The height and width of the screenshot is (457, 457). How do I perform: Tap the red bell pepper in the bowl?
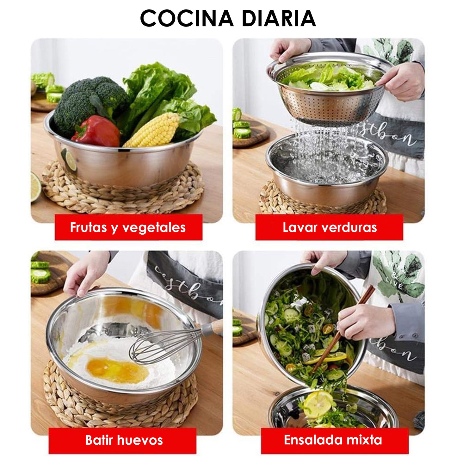[x=96, y=131]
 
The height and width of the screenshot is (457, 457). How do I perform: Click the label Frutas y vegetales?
[x=128, y=227]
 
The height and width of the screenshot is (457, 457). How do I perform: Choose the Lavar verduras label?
[x=329, y=227]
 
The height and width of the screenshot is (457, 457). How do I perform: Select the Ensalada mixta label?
[x=333, y=440]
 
